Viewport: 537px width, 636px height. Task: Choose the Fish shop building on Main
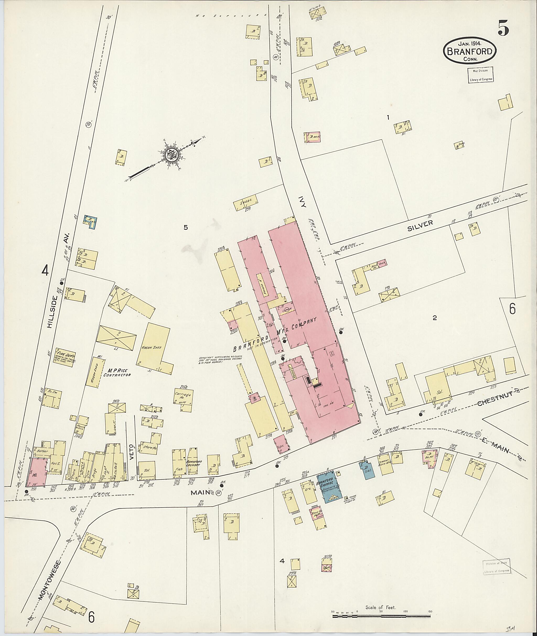[179, 463]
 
